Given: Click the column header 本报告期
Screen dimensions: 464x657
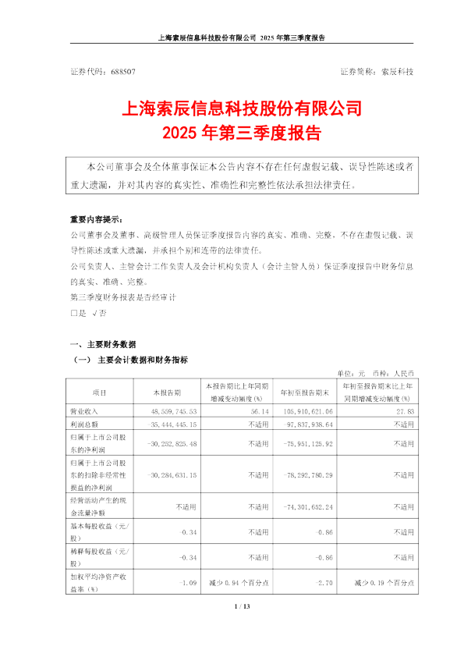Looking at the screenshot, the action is click(x=167, y=392).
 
